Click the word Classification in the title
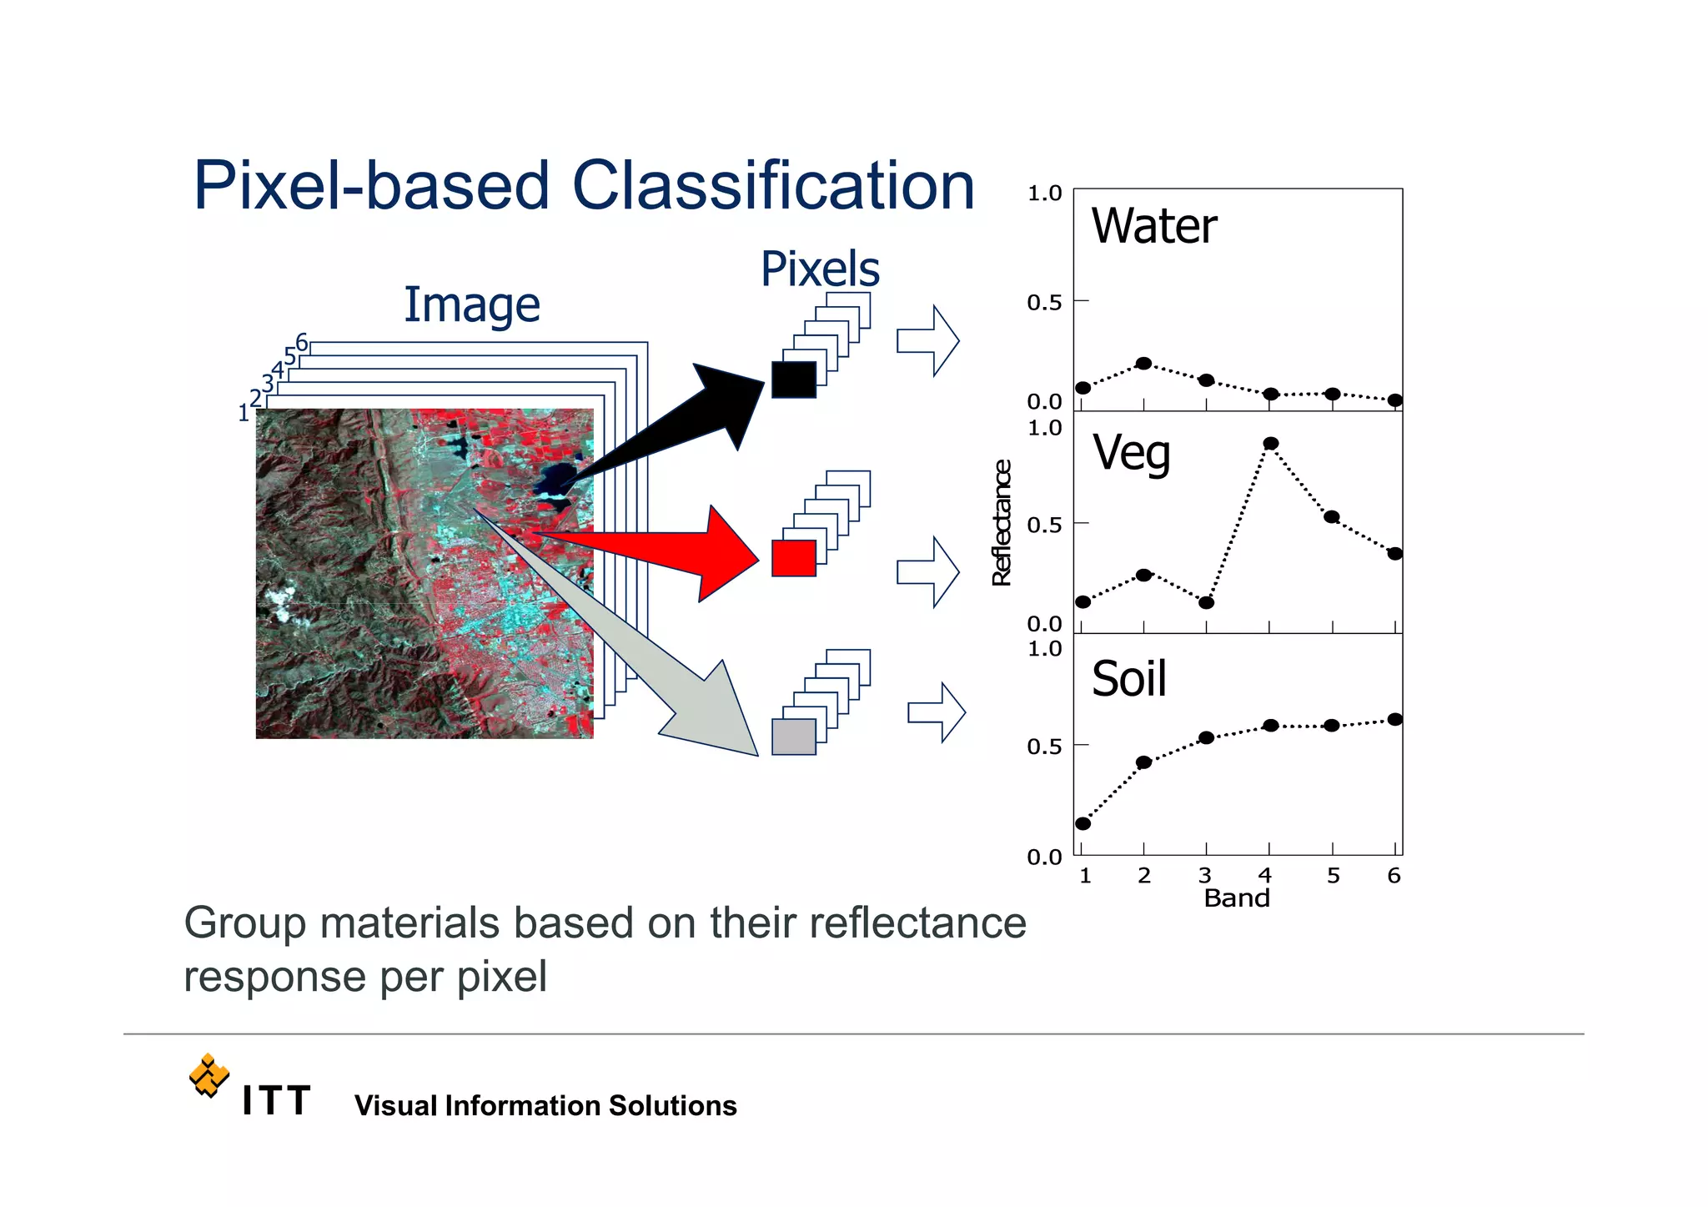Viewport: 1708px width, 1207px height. tap(773, 187)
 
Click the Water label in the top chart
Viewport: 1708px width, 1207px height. tap(1153, 226)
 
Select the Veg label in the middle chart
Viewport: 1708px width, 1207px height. tap(1131, 454)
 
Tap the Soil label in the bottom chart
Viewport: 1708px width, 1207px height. tap(1128, 679)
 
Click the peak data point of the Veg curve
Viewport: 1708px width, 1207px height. tap(1270, 444)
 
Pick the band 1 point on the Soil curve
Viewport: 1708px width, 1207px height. tap(1083, 823)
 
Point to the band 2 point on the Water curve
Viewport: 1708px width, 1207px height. tap(1143, 364)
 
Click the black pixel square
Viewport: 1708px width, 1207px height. tap(793, 380)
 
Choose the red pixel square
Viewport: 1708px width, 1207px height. tap(793, 558)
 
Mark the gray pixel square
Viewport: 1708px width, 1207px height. tap(793, 737)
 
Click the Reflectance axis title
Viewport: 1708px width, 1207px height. tap(1002, 523)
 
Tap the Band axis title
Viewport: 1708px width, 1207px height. tap(1236, 898)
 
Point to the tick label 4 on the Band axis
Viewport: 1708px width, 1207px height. tap(1265, 876)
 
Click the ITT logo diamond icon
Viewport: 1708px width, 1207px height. tap(208, 1075)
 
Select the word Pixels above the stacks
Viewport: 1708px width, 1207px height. tap(820, 269)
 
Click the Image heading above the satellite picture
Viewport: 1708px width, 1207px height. tap(472, 305)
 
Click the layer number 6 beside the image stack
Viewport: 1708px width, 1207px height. tap(302, 343)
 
